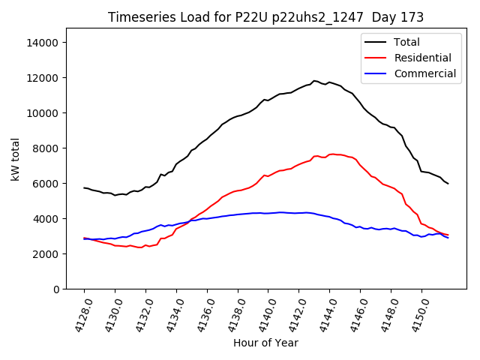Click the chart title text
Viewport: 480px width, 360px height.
point(265,17)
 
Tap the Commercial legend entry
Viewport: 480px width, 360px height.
point(424,73)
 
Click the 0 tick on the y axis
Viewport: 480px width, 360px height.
point(55,289)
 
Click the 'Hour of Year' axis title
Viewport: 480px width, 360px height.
point(265,343)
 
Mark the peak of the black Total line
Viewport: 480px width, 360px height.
point(314,80)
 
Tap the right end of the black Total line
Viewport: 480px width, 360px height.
point(448,184)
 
